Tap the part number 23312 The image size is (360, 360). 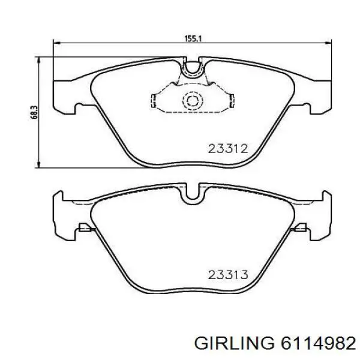pos(228,149)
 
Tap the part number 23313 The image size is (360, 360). pos(228,275)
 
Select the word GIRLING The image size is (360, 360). pos(232,343)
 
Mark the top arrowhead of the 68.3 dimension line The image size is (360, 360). pos(40,59)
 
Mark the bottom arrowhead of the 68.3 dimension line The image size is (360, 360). pos(40,165)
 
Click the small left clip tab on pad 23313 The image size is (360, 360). pos(84,227)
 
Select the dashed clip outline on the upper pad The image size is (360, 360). pos(157,99)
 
